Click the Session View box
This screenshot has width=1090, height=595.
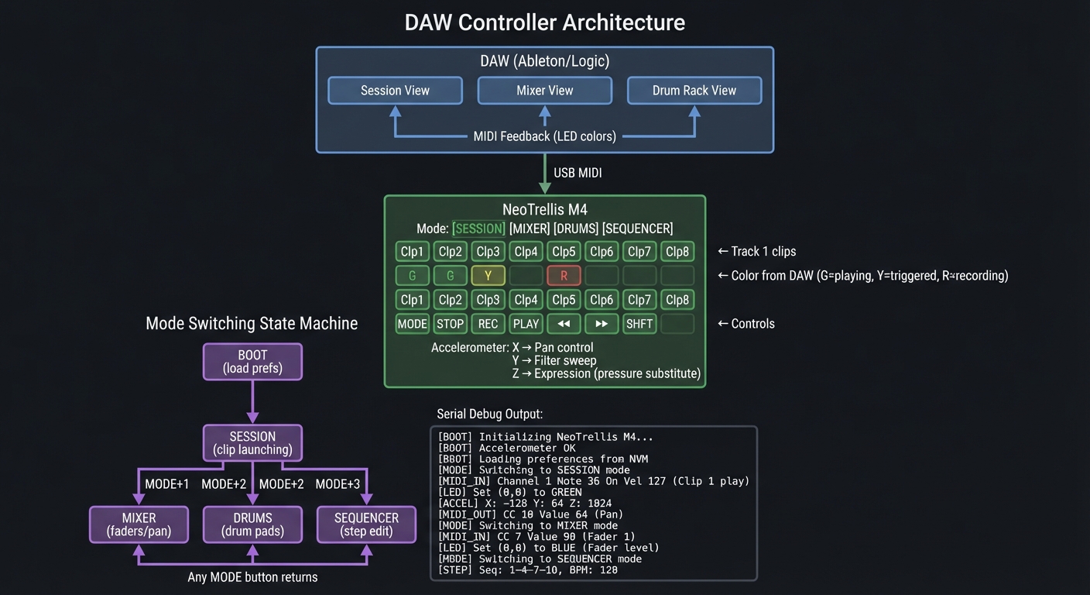(395, 91)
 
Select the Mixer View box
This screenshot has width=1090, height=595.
(544, 91)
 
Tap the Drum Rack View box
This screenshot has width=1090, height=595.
(694, 91)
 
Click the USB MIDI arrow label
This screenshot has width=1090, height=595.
(578, 173)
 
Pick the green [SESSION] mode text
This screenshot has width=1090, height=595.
(478, 229)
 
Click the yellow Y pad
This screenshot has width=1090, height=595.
(488, 276)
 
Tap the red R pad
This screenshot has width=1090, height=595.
(564, 276)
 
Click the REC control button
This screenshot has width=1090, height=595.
(488, 324)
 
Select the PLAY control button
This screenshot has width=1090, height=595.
(526, 324)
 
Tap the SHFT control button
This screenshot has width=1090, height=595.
(639, 324)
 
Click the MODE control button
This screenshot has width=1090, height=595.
(412, 324)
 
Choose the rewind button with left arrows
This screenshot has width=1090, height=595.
(564, 324)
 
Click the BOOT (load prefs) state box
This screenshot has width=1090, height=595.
(252, 362)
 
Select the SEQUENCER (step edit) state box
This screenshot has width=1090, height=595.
(366, 524)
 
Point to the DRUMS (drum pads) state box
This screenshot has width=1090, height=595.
(252, 524)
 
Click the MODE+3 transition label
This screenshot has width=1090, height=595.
(338, 484)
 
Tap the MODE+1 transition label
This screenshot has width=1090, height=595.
(167, 484)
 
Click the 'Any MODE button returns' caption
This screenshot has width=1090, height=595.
(252, 577)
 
